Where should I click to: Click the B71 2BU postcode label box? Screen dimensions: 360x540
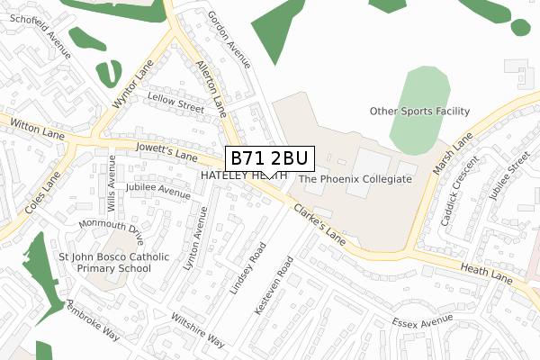click(x=268, y=158)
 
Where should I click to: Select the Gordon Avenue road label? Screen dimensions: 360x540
click(x=228, y=38)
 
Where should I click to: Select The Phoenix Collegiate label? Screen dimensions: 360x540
click(x=355, y=179)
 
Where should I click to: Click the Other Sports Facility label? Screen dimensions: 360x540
click(x=420, y=111)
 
